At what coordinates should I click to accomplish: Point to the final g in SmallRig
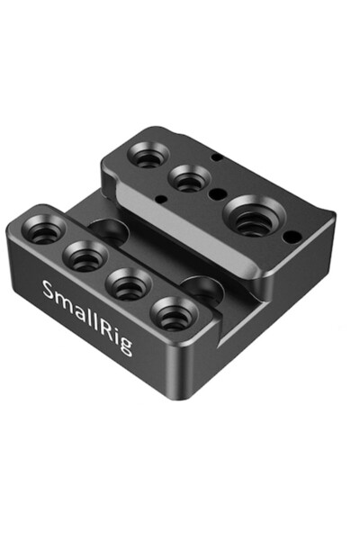[x=126, y=345]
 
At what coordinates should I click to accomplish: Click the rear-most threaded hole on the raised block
[x=146, y=154]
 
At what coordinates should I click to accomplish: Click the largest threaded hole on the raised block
[x=254, y=218]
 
